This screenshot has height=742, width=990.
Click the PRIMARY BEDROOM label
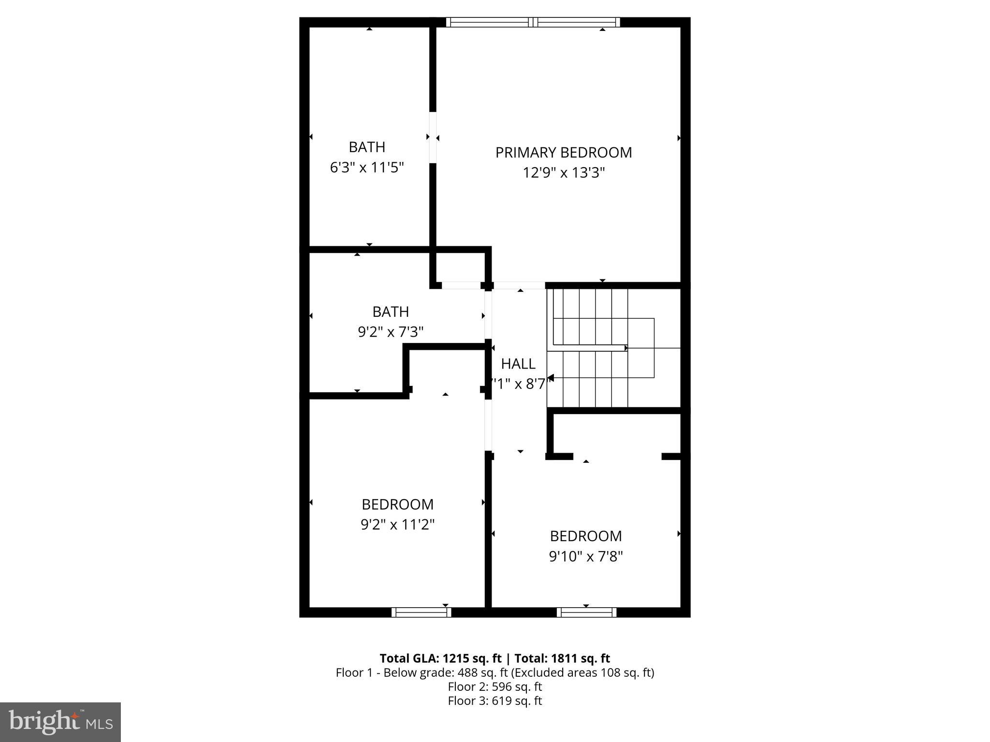click(x=564, y=153)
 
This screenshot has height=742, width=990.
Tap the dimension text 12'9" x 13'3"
click(x=564, y=173)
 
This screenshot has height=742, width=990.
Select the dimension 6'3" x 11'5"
click(x=367, y=168)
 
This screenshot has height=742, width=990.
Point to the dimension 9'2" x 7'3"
click(x=391, y=332)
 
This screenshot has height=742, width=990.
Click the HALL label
click(x=518, y=364)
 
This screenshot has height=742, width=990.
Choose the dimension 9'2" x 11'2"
click(x=397, y=525)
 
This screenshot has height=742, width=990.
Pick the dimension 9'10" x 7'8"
click(x=585, y=557)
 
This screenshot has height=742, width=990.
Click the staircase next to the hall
click(x=604, y=348)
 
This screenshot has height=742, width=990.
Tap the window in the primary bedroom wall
click(x=533, y=22)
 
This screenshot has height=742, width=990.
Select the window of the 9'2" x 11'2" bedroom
click(x=421, y=612)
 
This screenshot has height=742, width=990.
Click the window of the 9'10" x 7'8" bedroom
click(x=586, y=612)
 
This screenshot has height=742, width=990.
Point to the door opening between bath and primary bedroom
click(x=433, y=138)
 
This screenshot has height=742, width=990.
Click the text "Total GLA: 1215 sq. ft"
click(x=441, y=658)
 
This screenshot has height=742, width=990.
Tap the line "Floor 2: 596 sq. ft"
click(x=495, y=686)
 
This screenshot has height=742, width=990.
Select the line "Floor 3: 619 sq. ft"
click(x=495, y=700)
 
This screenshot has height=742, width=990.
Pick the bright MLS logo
click(x=60, y=722)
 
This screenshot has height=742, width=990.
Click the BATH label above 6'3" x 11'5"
click(x=367, y=147)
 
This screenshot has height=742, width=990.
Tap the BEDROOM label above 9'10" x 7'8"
click(x=585, y=536)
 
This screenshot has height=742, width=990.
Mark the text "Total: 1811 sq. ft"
click(x=562, y=658)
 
